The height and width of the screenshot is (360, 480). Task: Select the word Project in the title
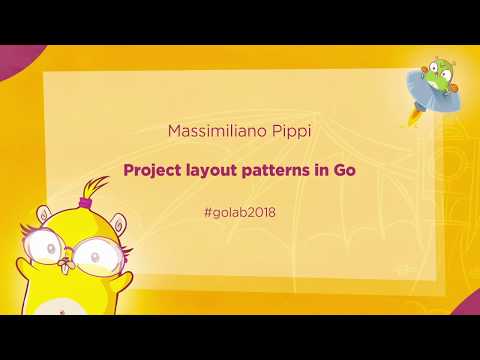coord(155,170)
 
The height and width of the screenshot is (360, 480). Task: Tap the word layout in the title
coord(215,170)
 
